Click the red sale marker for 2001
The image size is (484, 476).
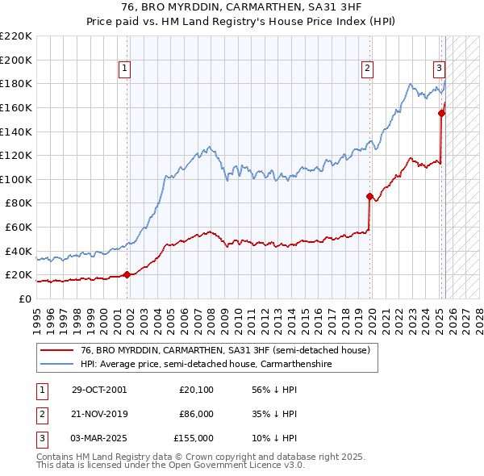click(x=127, y=274)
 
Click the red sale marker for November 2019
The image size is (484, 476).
click(x=369, y=196)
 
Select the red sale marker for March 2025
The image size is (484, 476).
click(x=442, y=113)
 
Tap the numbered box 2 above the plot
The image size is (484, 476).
click(x=367, y=69)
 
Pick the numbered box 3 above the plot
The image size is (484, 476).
click(x=439, y=69)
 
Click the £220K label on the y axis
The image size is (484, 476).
click(x=16, y=36)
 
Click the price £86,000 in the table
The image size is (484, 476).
click(x=196, y=414)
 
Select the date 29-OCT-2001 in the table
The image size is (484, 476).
click(x=98, y=389)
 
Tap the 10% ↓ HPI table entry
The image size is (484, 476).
click(x=274, y=438)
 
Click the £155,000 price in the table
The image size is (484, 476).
click(x=194, y=438)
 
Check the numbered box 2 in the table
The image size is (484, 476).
click(x=41, y=414)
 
